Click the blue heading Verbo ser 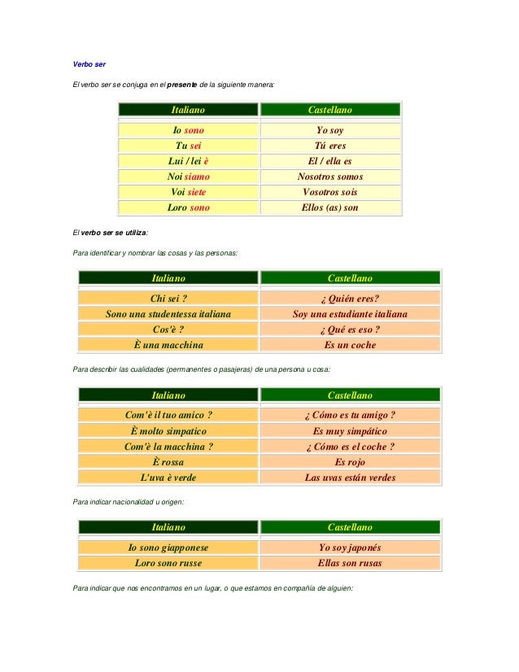point(89,63)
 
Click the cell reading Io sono point(188,130)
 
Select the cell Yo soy point(329,130)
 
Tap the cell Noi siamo point(188,177)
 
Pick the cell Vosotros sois point(329,192)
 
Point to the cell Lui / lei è point(188,161)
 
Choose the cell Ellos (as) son point(329,207)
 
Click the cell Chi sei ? point(168,298)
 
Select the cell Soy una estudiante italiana point(350,314)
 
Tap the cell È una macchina point(168,345)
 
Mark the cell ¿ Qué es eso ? point(350,329)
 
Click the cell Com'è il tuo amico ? point(168,415)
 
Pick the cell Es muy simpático point(350,431)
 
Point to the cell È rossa point(168,462)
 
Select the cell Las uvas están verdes point(350,478)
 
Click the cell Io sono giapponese point(168,548)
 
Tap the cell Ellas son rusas point(350,563)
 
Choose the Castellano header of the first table point(329,109)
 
